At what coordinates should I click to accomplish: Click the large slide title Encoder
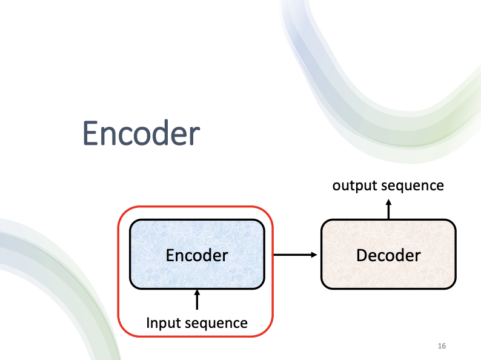pos(141,133)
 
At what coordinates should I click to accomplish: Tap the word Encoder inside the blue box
pos(197,255)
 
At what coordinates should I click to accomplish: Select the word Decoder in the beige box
pos(388,255)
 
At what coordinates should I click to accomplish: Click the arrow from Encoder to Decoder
pos(296,255)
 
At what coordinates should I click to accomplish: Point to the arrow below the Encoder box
pos(196,299)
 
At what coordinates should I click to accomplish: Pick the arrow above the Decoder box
pos(389,209)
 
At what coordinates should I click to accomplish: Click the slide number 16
pos(442,346)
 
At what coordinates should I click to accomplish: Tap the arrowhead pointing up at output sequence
pos(389,203)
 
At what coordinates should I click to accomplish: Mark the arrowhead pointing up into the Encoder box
pos(196,293)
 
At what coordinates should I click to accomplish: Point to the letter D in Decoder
pos(362,255)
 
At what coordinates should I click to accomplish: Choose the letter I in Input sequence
pos(148,323)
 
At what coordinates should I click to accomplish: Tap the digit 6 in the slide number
pos(444,346)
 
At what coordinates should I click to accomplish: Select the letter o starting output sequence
pos(336,185)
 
